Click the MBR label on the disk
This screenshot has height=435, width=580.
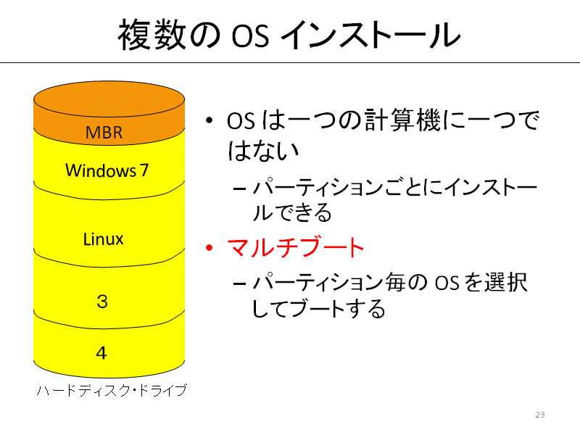104,133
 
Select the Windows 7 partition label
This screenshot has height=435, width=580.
107,170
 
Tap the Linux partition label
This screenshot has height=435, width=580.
103,239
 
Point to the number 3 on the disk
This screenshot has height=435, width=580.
102,302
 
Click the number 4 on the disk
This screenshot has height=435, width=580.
101,353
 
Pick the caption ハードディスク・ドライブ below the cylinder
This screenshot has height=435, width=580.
112,390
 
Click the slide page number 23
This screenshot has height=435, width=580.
540,415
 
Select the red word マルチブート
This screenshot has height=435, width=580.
296,247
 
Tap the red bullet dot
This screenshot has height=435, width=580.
210,247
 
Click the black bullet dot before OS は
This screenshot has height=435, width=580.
210,120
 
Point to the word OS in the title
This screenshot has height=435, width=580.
250,36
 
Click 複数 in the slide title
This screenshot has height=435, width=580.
152,34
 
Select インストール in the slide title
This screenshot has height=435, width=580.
370,34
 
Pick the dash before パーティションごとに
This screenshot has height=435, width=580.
240,188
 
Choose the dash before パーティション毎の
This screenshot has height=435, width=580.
240,284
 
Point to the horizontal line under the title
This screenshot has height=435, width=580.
290,63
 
